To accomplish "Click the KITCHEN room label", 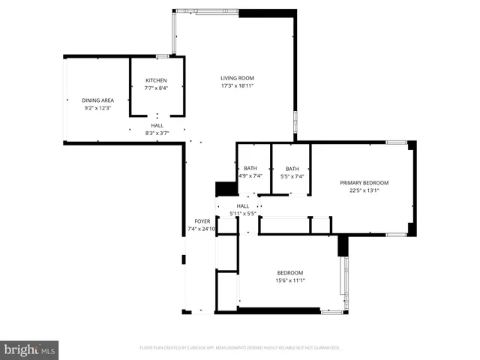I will click(x=156, y=80).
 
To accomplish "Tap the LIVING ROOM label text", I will click(x=237, y=78).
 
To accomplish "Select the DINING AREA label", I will click(x=97, y=100).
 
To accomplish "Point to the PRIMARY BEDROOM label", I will click(x=364, y=182).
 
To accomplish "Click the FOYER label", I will click(x=202, y=221).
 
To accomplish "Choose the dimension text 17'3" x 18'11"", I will click(x=237, y=86).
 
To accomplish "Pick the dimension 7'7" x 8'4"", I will click(x=156, y=88).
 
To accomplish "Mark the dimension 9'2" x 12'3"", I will click(x=97, y=108).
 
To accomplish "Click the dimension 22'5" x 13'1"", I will click(x=364, y=190).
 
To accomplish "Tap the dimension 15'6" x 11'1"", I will click(x=290, y=280).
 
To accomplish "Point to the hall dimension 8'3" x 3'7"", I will click(x=157, y=133).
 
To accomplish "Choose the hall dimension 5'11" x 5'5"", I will click(x=243, y=214).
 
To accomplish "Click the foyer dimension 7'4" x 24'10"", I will click(x=202, y=229).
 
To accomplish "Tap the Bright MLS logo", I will click(x=30, y=349).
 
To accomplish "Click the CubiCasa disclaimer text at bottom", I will click(x=240, y=348).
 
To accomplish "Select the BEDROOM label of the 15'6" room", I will click(x=290, y=272).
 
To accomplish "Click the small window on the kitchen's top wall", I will click(x=162, y=56).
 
